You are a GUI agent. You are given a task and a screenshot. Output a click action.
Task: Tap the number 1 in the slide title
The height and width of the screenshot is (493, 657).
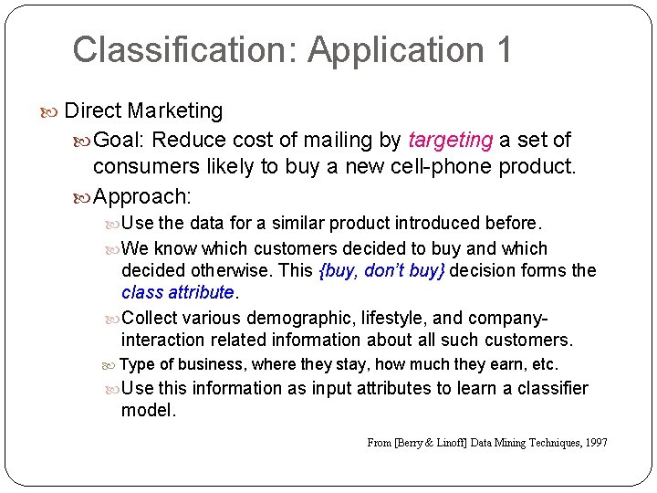coord(505,49)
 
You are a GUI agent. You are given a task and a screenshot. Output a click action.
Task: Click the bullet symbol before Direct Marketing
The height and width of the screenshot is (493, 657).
coord(52,111)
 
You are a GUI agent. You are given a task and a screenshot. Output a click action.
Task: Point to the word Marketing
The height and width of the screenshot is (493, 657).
coord(175,110)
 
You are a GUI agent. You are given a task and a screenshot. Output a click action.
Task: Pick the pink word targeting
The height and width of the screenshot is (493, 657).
coord(451,140)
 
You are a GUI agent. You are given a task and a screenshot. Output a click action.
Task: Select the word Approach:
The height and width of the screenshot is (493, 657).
coord(141,195)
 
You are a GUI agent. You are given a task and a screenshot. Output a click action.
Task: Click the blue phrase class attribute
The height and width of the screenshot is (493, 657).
coord(178,292)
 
